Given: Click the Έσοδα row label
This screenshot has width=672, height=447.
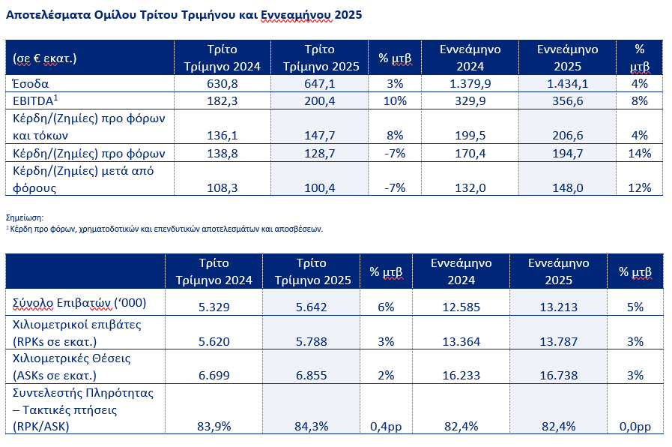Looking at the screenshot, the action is (31, 84).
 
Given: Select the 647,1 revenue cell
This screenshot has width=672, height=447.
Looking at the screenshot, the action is (320, 84).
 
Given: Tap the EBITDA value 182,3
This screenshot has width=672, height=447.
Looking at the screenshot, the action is (222, 101).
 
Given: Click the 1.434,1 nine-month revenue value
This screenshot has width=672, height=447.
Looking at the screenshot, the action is (567, 84).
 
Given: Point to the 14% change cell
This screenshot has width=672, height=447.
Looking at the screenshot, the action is (640, 154).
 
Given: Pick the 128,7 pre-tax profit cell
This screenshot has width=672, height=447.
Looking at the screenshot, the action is (320, 154).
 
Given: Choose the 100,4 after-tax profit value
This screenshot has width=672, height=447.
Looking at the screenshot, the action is (320, 188).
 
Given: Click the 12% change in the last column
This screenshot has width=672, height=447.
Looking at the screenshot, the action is (640, 188).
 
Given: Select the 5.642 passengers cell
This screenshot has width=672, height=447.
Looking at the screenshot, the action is (311, 307).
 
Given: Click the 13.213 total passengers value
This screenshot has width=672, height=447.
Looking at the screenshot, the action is (558, 307).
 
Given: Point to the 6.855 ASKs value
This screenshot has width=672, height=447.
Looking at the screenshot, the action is (311, 375).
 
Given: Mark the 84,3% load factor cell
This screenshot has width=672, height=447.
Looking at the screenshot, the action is (311, 427).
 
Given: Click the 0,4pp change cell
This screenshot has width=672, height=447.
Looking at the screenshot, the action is (386, 427).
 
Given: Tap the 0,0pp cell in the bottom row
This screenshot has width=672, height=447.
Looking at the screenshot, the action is (635, 427).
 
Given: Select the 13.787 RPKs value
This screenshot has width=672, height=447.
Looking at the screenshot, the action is (558, 341).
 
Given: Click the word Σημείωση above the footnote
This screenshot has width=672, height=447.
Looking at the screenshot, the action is (25, 218).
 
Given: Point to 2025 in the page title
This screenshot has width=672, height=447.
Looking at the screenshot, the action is (348, 15).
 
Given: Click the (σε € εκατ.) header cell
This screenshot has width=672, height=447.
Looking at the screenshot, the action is (44, 58).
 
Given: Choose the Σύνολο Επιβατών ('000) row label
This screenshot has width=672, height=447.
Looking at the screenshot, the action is (79, 303).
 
